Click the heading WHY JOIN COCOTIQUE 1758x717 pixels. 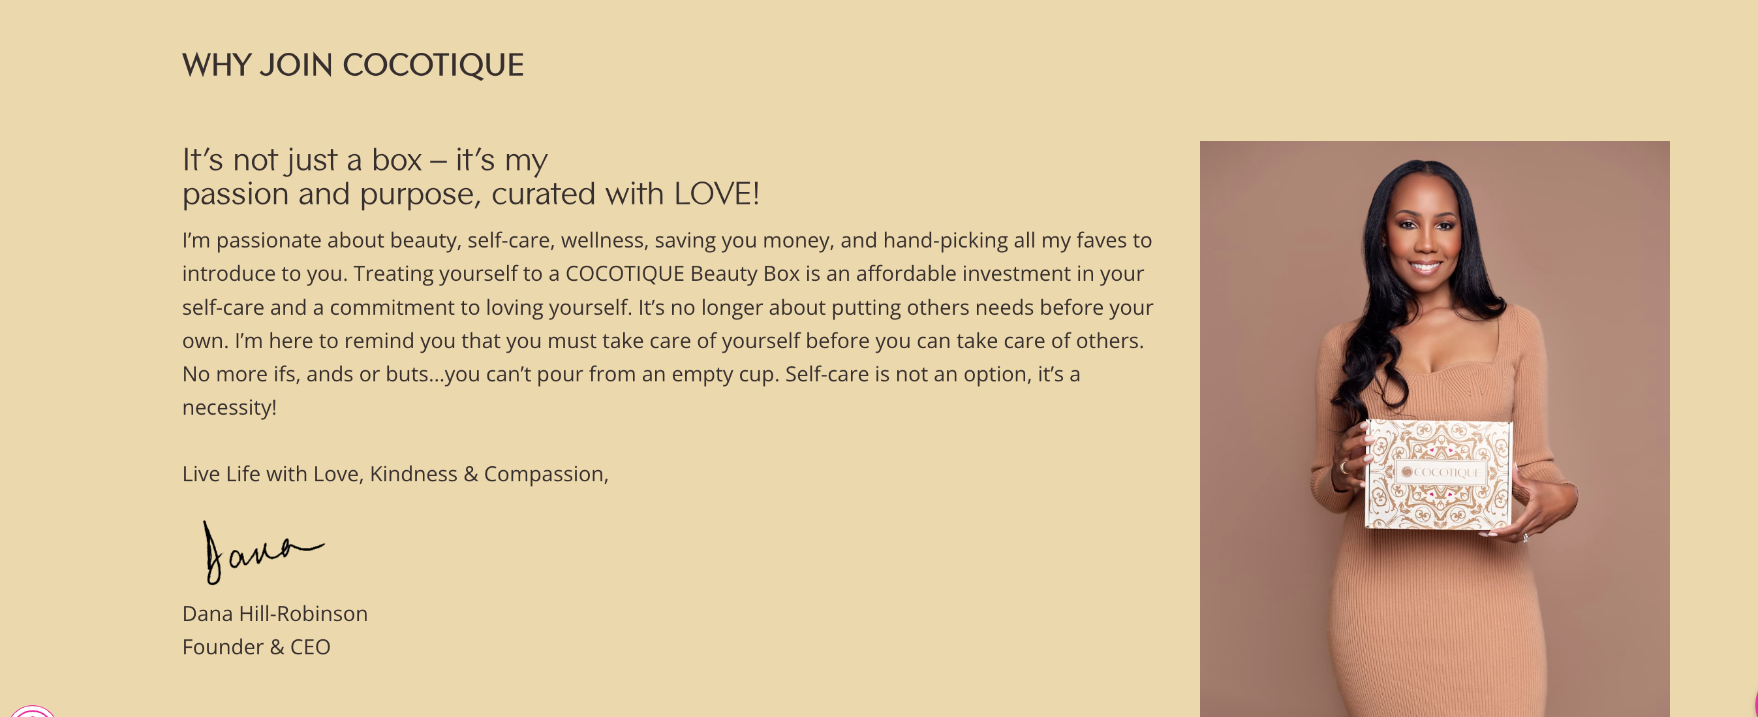pos(353,65)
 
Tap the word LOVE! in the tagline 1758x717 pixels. pos(717,193)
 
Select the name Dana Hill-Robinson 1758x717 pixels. pos(275,613)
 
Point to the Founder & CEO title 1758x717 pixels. pos(256,646)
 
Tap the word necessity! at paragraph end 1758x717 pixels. pos(229,407)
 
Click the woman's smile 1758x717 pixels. pos(1425,266)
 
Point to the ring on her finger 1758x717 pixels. pos(1344,467)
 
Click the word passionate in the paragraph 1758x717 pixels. pos(269,240)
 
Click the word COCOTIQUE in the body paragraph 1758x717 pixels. pos(625,274)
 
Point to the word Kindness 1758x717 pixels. pos(414,474)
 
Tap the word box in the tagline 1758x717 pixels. pos(397,160)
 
